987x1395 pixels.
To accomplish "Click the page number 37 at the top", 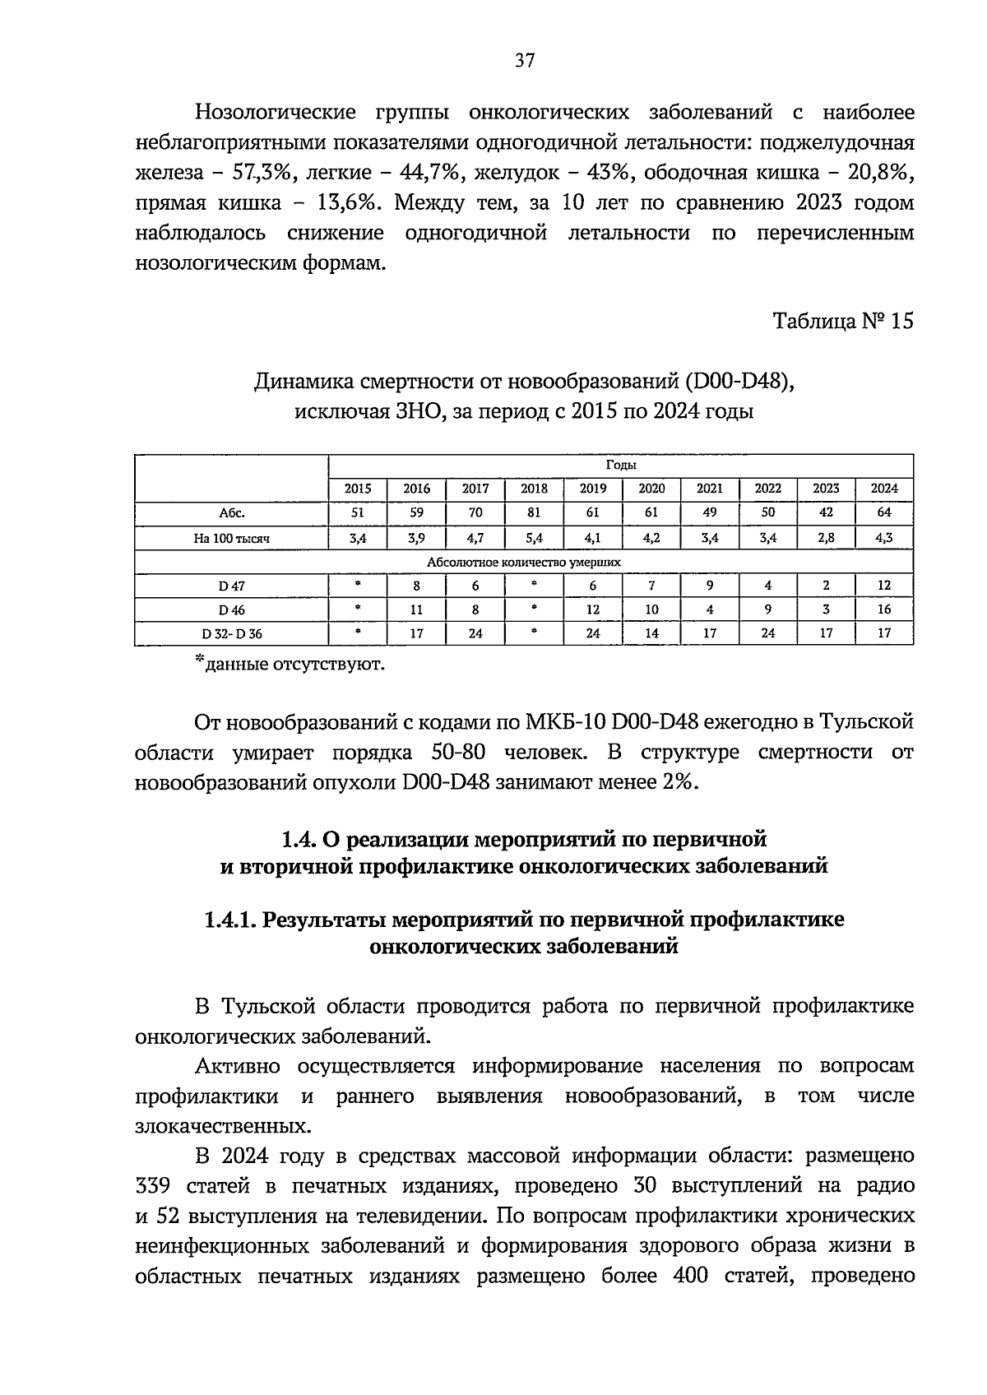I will pyautogui.click(x=525, y=60).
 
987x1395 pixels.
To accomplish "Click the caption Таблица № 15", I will pyautogui.click(x=843, y=321).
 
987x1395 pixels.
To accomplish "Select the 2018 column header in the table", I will pyautogui.click(x=534, y=489).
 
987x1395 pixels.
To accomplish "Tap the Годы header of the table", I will pyautogui.click(x=620, y=466).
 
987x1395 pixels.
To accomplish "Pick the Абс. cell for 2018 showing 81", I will pyautogui.click(x=534, y=512).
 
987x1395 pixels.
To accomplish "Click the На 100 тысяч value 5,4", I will pyautogui.click(x=534, y=538).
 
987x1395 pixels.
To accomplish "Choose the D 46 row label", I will pyautogui.click(x=231, y=610).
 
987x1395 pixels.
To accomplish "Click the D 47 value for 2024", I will pyautogui.click(x=884, y=586).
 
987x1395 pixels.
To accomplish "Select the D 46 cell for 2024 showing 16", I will pyautogui.click(x=884, y=610).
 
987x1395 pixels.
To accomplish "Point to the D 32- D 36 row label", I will pyautogui.click(x=231, y=634).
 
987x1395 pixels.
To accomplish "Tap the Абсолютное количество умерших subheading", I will pyautogui.click(x=523, y=562).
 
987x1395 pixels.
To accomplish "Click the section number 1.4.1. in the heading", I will pyautogui.click(x=231, y=919).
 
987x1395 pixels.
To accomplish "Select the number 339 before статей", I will pyautogui.click(x=155, y=1186).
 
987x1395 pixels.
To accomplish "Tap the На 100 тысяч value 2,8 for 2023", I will pyautogui.click(x=826, y=538).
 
